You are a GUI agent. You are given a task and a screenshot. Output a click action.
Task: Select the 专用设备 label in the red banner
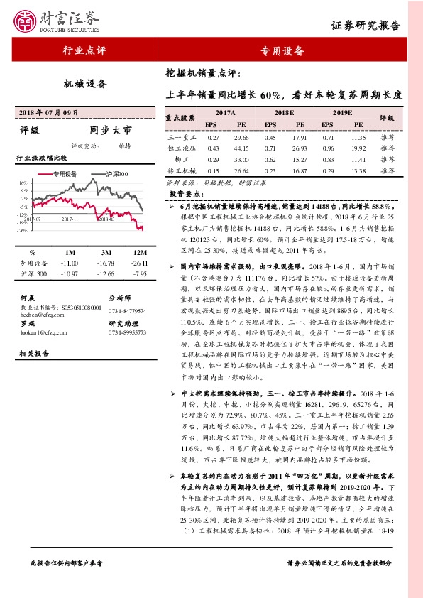click(282, 50)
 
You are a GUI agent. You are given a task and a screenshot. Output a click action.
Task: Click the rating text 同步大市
click(111, 131)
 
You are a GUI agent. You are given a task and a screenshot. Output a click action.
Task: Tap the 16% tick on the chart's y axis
click(24, 183)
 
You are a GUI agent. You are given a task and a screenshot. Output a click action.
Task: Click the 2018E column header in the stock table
click(284, 113)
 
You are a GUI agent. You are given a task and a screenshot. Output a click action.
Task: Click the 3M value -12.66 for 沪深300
click(106, 273)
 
